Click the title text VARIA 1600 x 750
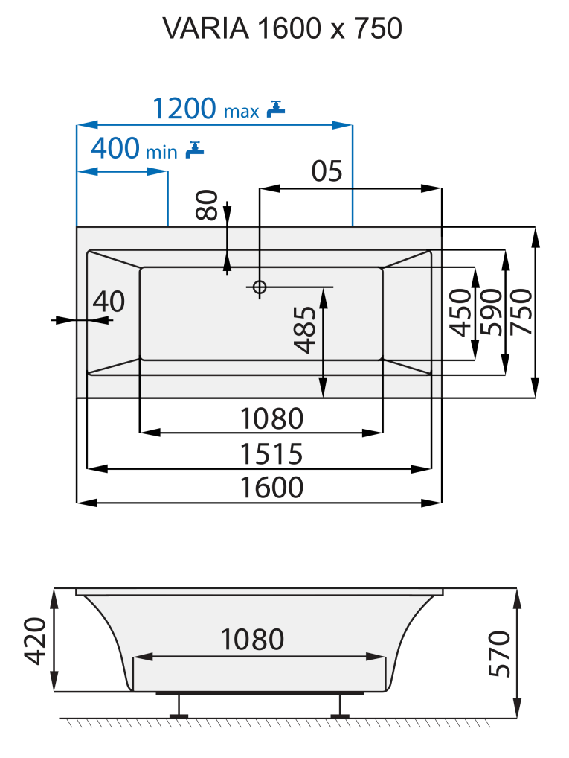coord(283,28)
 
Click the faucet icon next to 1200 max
coord(276,109)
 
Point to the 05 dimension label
coord(327,171)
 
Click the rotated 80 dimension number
coord(208,205)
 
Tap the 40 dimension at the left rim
coord(109,302)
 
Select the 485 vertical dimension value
coord(305,329)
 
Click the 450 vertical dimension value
coord(461,313)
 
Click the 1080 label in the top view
coord(271,418)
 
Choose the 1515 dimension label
coord(271,453)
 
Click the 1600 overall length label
coord(271,488)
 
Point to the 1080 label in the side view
coord(253,640)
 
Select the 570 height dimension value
coord(500,654)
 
